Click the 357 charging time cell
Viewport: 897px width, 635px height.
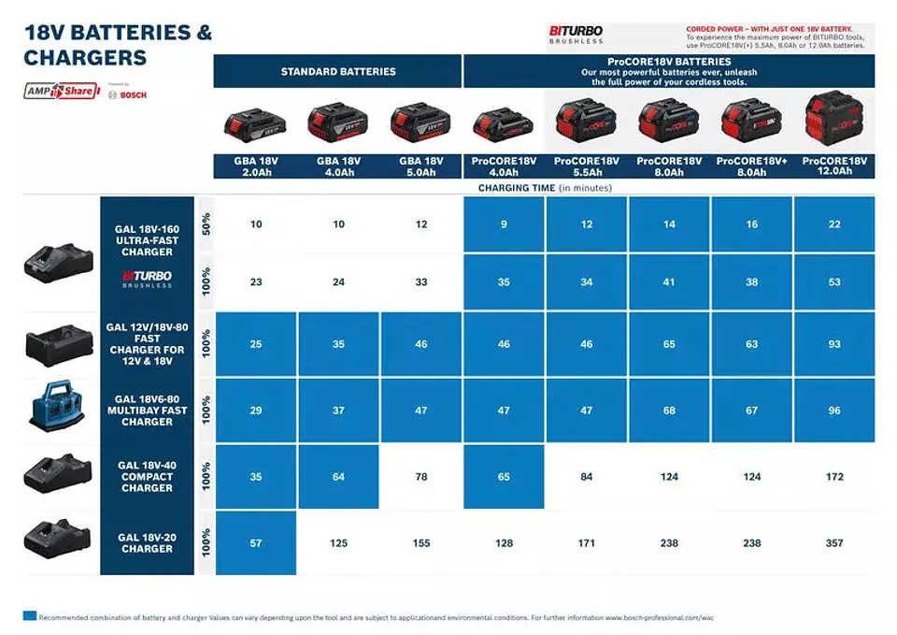pyautogui.click(x=833, y=543)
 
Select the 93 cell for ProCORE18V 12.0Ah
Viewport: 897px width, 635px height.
pyautogui.click(x=833, y=344)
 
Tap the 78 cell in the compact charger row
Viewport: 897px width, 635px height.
pyautogui.click(x=420, y=477)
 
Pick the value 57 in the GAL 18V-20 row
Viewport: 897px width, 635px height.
pyautogui.click(x=256, y=543)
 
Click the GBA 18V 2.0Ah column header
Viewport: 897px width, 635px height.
pyautogui.click(x=255, y=166)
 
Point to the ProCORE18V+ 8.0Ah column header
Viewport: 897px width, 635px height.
pyautogui.click(x=751, y=166)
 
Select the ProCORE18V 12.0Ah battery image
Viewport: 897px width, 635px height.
pyautogui.click(x=833, y=120)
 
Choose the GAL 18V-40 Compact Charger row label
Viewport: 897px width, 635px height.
pyautogui.click(x=147, y=476)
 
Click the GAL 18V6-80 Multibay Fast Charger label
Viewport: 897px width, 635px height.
pyautogui.click(x=147, y=410)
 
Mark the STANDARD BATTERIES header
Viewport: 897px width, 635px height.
pyautogui.click(x=338, y=71)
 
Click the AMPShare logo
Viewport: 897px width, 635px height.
pyautogui.click(x=59, y=91)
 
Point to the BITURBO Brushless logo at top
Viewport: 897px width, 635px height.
pyautogui.click(x=576, y=35)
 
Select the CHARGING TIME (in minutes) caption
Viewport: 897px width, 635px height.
pyautogui.click(x=545, y=188)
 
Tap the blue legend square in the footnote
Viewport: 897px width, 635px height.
pyautogui.click(x=30, y=616)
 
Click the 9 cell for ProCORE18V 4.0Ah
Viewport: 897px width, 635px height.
pyautogui.click(x=504, y=224)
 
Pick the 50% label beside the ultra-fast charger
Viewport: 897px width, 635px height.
pyautogui.click(x=206, y=224)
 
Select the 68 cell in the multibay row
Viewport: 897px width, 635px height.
pyautogui.click(x=669, y=411)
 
